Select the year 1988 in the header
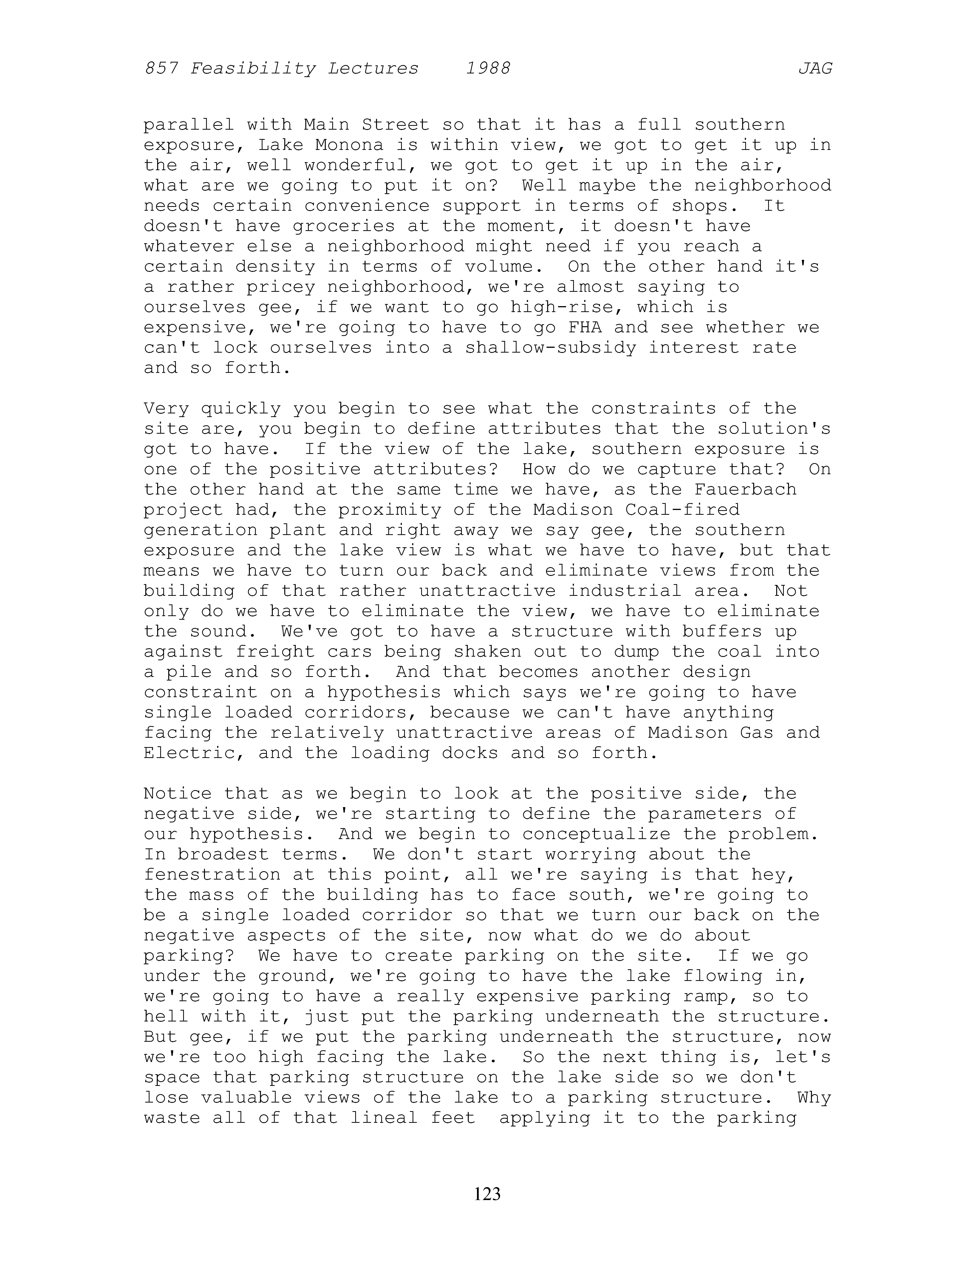tap(488, 69)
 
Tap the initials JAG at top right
tap(815, 69)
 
